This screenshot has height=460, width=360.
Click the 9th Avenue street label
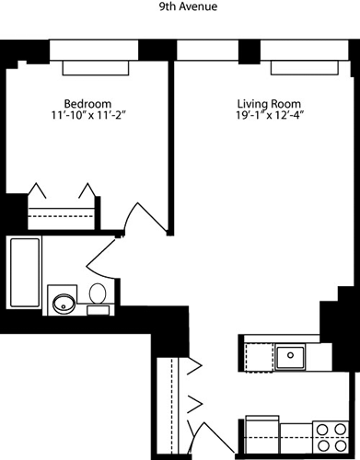(x=188, y=6)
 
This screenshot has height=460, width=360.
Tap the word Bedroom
(x=87, y=103)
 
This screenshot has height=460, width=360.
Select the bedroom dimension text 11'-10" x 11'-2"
(x=89, y=115)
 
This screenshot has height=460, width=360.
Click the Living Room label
(x=269, y=103)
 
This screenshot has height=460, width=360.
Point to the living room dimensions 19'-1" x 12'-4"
(x=270, y=115)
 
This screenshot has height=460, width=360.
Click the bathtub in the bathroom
(x=25, y=272)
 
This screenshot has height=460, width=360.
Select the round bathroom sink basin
(x=64, y=304)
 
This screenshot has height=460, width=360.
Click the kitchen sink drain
(x=290, y=355)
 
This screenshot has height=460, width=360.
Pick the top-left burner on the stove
(x=322, y=430)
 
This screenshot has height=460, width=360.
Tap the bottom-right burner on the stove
(x=341, y=444)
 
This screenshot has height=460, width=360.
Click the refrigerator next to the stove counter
(x=262, y=434)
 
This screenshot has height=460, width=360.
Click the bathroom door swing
(x=101, y=258)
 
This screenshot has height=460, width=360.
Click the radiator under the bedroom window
(x=96, y=68)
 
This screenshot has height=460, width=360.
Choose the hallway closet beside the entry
(x=172, y=405)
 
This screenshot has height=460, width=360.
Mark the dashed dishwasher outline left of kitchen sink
(x=260, y=357)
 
